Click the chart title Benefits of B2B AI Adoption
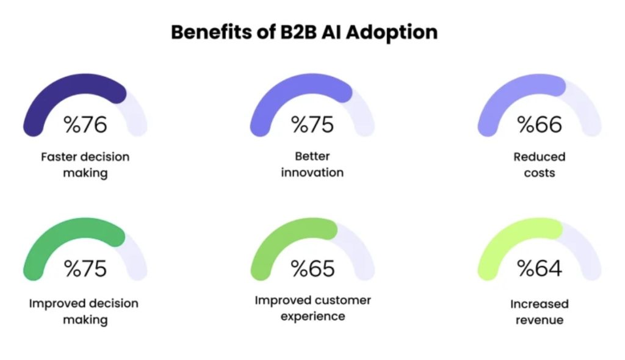pos(304,32)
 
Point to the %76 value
pos(85,124)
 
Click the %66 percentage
pos(539,124)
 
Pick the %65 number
pos(312,268)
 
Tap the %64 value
pos(539,268)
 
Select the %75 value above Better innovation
pos(312,124)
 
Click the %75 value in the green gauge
pos(85,268)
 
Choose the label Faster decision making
pos(85,165)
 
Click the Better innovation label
pos(312,165)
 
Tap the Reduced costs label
pos(539,165)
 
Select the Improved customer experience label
pos(312,308)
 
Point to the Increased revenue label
pos(539,311)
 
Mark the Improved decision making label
pos(85,311)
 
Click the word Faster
pos(59,157)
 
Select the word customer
pos(342,300)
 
